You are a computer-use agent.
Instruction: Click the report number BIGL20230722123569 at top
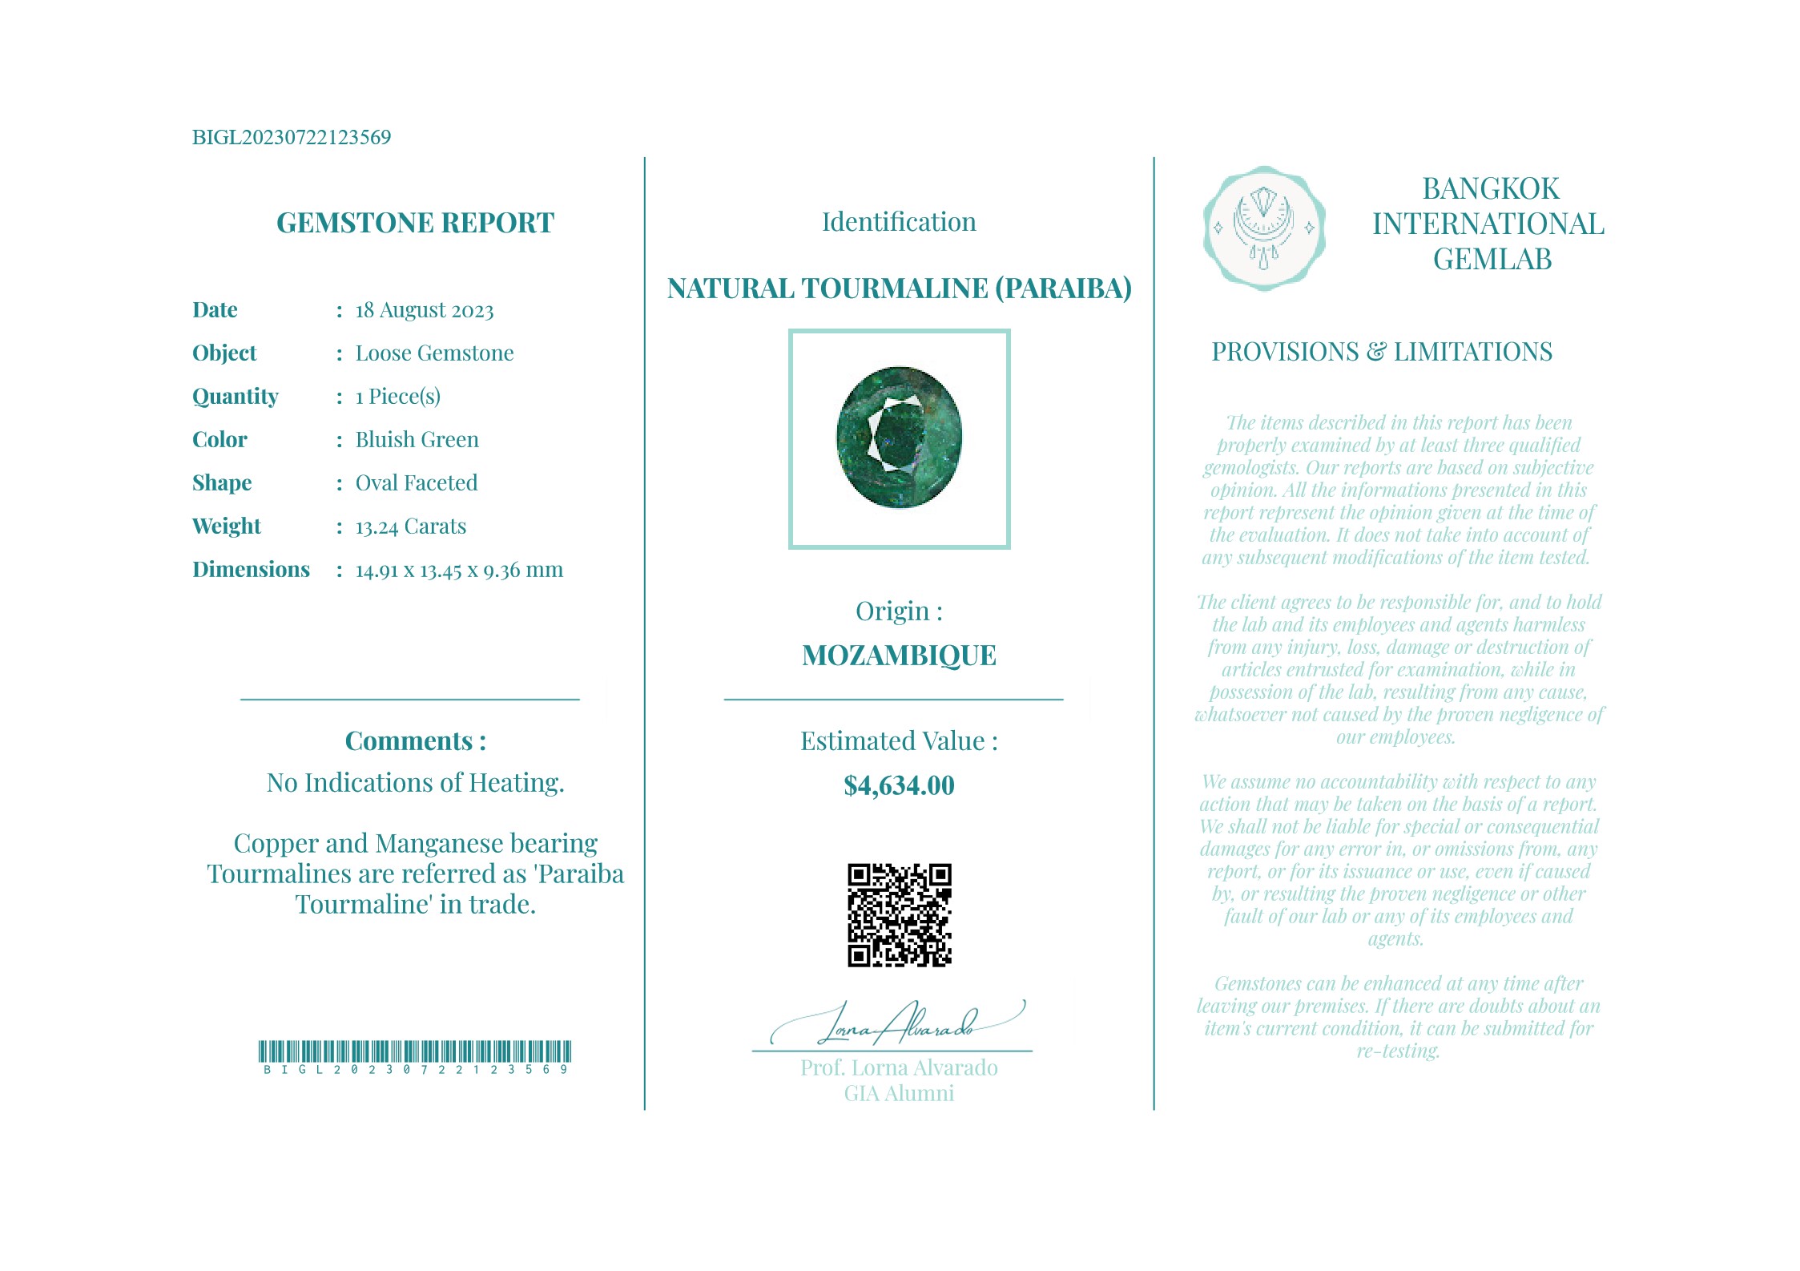[292, 137]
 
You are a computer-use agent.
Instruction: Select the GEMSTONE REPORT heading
[415, 222]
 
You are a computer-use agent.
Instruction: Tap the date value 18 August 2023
[425, 310]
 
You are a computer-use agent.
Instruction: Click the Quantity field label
[236, 396]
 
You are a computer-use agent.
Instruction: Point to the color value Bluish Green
[417, 439]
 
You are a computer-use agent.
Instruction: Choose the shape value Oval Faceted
[417, 482]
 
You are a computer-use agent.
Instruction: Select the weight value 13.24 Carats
[411, 527]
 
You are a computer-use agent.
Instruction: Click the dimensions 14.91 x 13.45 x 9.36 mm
[459, 570]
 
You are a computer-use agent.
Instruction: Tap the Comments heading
[415, 740]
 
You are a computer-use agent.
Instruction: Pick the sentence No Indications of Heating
[415, 782]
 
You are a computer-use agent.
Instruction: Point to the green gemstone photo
[899, 438]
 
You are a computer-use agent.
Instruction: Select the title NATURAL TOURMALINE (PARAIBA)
[899, 288]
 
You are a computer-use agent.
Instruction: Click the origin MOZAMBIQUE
[899, 656]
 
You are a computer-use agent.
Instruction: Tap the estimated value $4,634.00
[899, 785]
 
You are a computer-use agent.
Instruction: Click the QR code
[899, 915]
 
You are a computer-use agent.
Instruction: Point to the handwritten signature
[897, 1023]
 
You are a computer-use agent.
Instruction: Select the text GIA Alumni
[899, 1093]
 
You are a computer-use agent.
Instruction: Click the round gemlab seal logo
[1263, 228]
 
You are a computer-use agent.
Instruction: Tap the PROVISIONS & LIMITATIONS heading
[1381, 352]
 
